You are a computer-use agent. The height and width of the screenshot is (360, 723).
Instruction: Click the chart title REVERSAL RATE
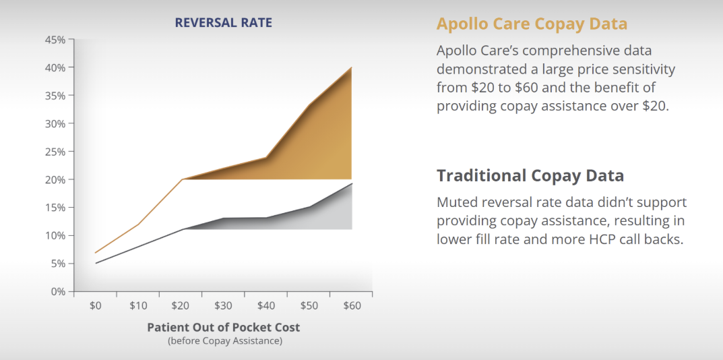(223, 22)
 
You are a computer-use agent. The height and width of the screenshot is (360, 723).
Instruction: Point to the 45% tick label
(55, 40)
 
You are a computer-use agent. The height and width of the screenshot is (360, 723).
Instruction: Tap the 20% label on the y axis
(55, 180)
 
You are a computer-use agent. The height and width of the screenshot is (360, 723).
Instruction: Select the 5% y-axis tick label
(57, 264)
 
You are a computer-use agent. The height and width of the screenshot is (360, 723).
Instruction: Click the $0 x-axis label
(96, 305)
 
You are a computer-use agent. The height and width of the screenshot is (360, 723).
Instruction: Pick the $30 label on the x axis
(223, 305)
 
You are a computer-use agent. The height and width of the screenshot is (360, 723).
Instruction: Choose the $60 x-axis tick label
(352, 305)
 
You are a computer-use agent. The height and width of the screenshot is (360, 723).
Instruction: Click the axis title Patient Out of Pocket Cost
(223, 327)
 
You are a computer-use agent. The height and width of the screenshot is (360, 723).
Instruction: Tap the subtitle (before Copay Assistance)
(224, 340)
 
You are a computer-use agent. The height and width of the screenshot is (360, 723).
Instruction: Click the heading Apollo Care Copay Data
(532, 24)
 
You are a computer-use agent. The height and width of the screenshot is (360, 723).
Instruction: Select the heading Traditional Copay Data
(530, 176)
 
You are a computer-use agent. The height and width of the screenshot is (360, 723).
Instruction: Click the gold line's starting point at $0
(96, 253)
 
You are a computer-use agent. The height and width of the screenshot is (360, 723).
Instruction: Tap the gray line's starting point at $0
(96, 263)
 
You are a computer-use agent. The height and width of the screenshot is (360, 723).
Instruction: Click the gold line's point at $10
(138, 224)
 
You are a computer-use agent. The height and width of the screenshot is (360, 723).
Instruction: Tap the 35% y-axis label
(55, 96)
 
